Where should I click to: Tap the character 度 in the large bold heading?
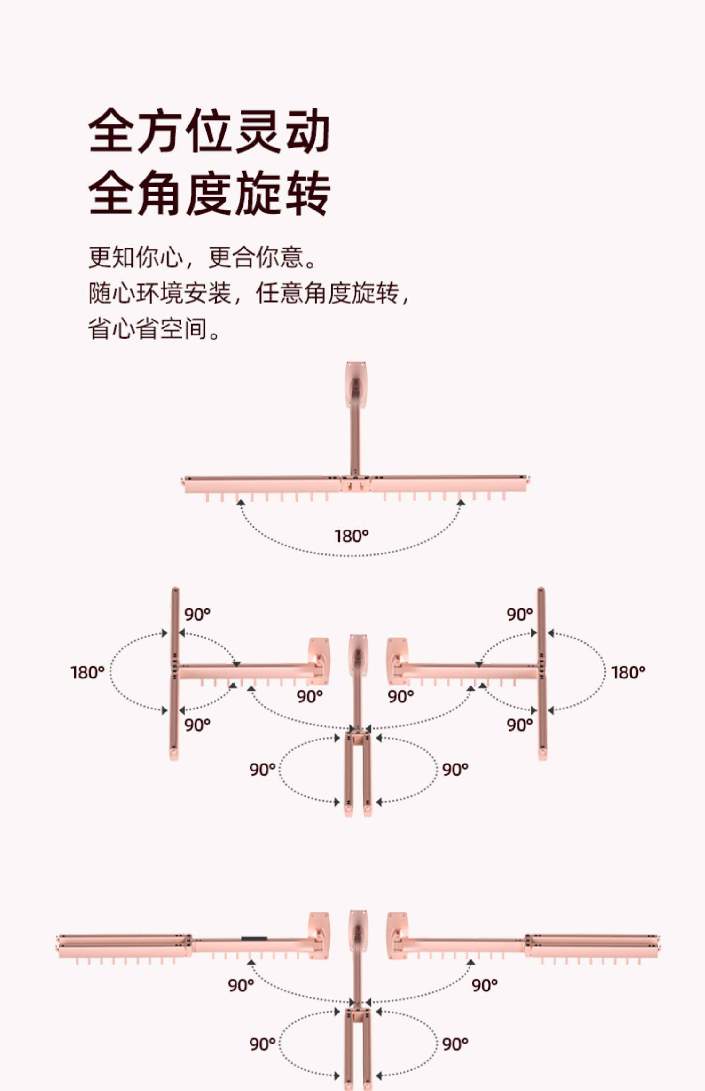(x=211, y=194)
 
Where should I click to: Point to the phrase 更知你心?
(x=135, y=257)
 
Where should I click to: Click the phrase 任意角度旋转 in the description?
(x=328, y=293)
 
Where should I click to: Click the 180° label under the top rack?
(x=351, y=536)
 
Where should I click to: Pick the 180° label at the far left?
(x=87, y=672)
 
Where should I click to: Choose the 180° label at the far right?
(x=628, y=672)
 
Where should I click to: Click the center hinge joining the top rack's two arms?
(x=355, y=483)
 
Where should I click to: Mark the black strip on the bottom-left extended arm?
(x=254, y=939)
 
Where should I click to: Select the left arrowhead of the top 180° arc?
(x=241, y=503)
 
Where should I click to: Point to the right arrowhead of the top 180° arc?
(x=461, y=503)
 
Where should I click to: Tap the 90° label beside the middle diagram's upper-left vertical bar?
(x=197, y=614)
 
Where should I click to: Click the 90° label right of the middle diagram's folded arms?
(x=455, y=770)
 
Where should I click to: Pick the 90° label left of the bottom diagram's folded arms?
(x=262, y=1044)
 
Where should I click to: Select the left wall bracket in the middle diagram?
(x=319, y=660)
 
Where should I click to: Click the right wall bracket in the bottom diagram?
(x=397, y=935)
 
